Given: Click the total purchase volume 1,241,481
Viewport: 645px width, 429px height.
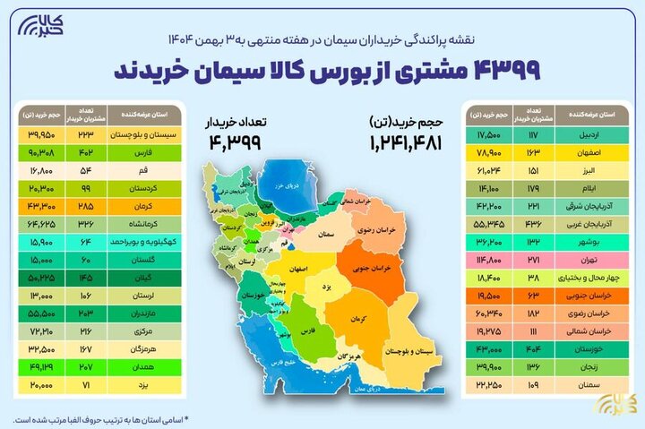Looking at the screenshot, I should (406, 141).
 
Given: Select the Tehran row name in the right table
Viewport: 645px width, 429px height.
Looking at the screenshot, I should (587, 258).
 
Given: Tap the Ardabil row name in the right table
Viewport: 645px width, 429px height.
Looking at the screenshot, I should (587, 134).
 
